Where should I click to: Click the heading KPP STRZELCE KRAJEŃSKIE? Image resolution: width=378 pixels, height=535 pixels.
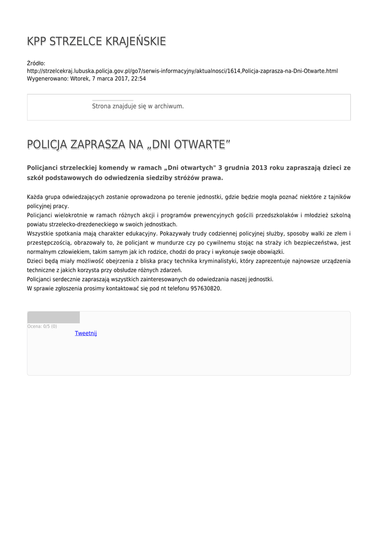pyautogui.click(x=96, y=41)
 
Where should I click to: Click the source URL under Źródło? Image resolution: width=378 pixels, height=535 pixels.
pyautogui.click(x=182, y=71)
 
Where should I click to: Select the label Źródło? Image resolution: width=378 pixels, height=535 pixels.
pyautogui.click(x=36, y=63)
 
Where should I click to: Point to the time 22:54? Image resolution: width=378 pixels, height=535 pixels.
pyautogui.click(x=139, y=79)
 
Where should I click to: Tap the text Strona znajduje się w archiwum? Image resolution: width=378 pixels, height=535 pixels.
pyautogui.click(x=138, y=106)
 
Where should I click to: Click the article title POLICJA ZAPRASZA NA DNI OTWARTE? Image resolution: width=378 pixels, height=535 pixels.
pyautogui.click(x=128, y=145)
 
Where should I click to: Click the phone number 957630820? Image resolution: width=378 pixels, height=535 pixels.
pyautogui.click(x=206, y=288)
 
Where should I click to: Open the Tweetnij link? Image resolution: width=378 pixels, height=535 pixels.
pyautogui.click(x=86, y=333)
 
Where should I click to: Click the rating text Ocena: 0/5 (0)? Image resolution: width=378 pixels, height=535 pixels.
pyautogui.click(x=42, y=327)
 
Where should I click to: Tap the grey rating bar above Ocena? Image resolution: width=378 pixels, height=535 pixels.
pyautogui.click(x=53, y=317)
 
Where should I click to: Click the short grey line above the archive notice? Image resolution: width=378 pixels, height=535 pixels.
pyautogui.click(x=113, y=100)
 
